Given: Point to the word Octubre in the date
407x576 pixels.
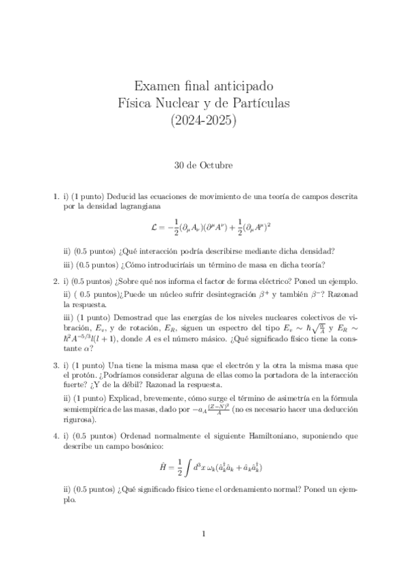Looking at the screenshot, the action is [218, 164].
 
